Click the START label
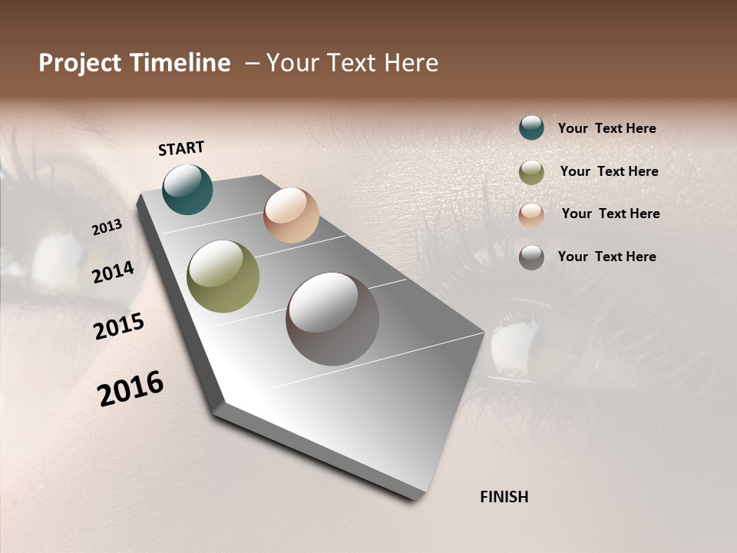[181, 148]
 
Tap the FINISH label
[504, 497]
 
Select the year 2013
[107, 227]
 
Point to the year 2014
[114, 272]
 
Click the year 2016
[131, 389]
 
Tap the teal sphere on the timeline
[188, 190]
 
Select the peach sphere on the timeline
[291, 215]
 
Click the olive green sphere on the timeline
[223, 276]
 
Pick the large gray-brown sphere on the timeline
[332, 319]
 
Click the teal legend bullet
[531, 127]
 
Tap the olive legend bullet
[531, 172]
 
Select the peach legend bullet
[531, 215]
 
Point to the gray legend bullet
[531, 257]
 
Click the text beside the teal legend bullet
[606, 128]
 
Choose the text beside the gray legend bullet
[606, 257]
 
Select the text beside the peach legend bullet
[610, 214]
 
